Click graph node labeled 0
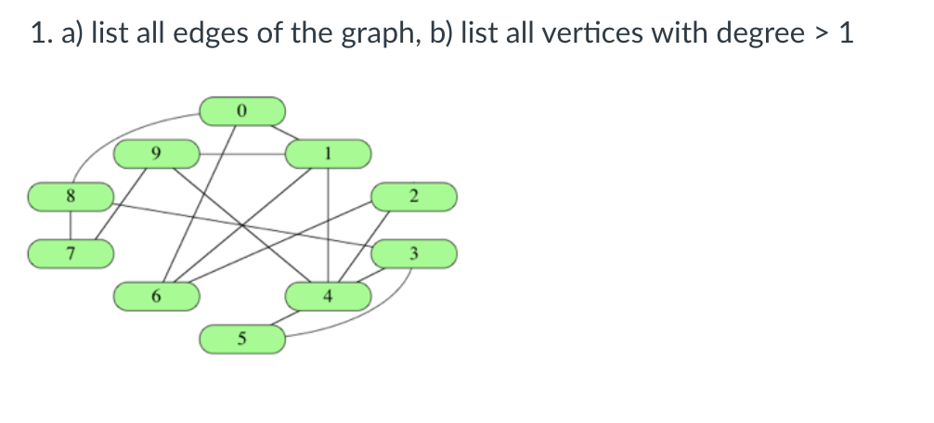(241, 110)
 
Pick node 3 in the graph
(414, 252)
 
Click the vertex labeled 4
(328, 297)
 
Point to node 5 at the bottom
(241, 340)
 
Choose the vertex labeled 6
(156, 297)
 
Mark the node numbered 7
(71, 252)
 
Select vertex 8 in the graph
(71, 197)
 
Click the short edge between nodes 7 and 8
(71, 225)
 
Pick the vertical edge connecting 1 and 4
(328, 223)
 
